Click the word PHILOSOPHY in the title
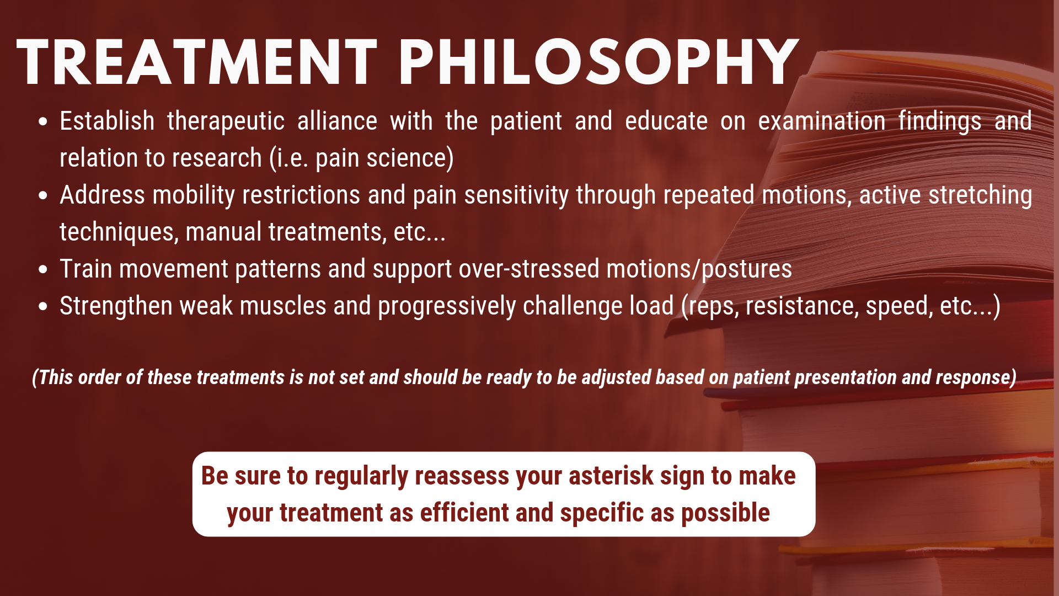[598, 62]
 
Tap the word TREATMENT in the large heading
[197, 62]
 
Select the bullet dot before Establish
[44, 121]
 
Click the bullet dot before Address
[44, 195]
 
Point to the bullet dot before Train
[44, 269]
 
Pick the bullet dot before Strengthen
[44, 306]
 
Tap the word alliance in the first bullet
[338, 121]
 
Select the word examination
[822, 121]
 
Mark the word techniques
[119, 232]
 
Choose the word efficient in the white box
[464, 513]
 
